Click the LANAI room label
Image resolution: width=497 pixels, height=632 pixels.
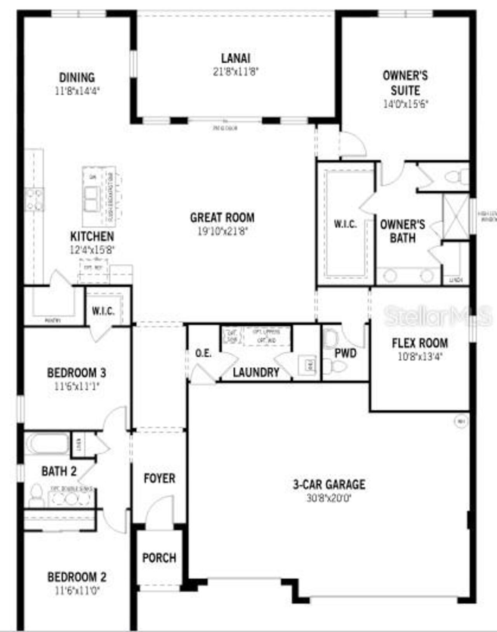235,58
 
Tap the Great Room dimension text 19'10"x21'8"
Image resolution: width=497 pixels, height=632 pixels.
222,231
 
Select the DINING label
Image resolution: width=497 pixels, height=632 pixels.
77,77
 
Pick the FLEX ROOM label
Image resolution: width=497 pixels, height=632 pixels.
420,343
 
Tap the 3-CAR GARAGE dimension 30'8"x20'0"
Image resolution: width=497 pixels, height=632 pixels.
329,498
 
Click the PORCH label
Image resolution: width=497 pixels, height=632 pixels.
159,558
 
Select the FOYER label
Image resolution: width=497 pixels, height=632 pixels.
159,478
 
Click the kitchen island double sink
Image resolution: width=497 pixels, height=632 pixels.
92,199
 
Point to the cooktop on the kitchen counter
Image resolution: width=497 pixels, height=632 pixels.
34,199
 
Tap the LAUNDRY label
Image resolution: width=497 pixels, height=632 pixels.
256,372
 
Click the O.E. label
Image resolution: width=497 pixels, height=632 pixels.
203,353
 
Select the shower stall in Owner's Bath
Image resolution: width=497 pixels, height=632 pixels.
456,216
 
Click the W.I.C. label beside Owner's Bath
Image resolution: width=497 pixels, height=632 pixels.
345,224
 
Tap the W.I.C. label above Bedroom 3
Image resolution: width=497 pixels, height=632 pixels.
103,311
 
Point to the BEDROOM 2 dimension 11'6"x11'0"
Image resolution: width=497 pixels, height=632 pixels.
77,591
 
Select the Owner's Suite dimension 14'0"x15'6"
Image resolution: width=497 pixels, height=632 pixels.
405,104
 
